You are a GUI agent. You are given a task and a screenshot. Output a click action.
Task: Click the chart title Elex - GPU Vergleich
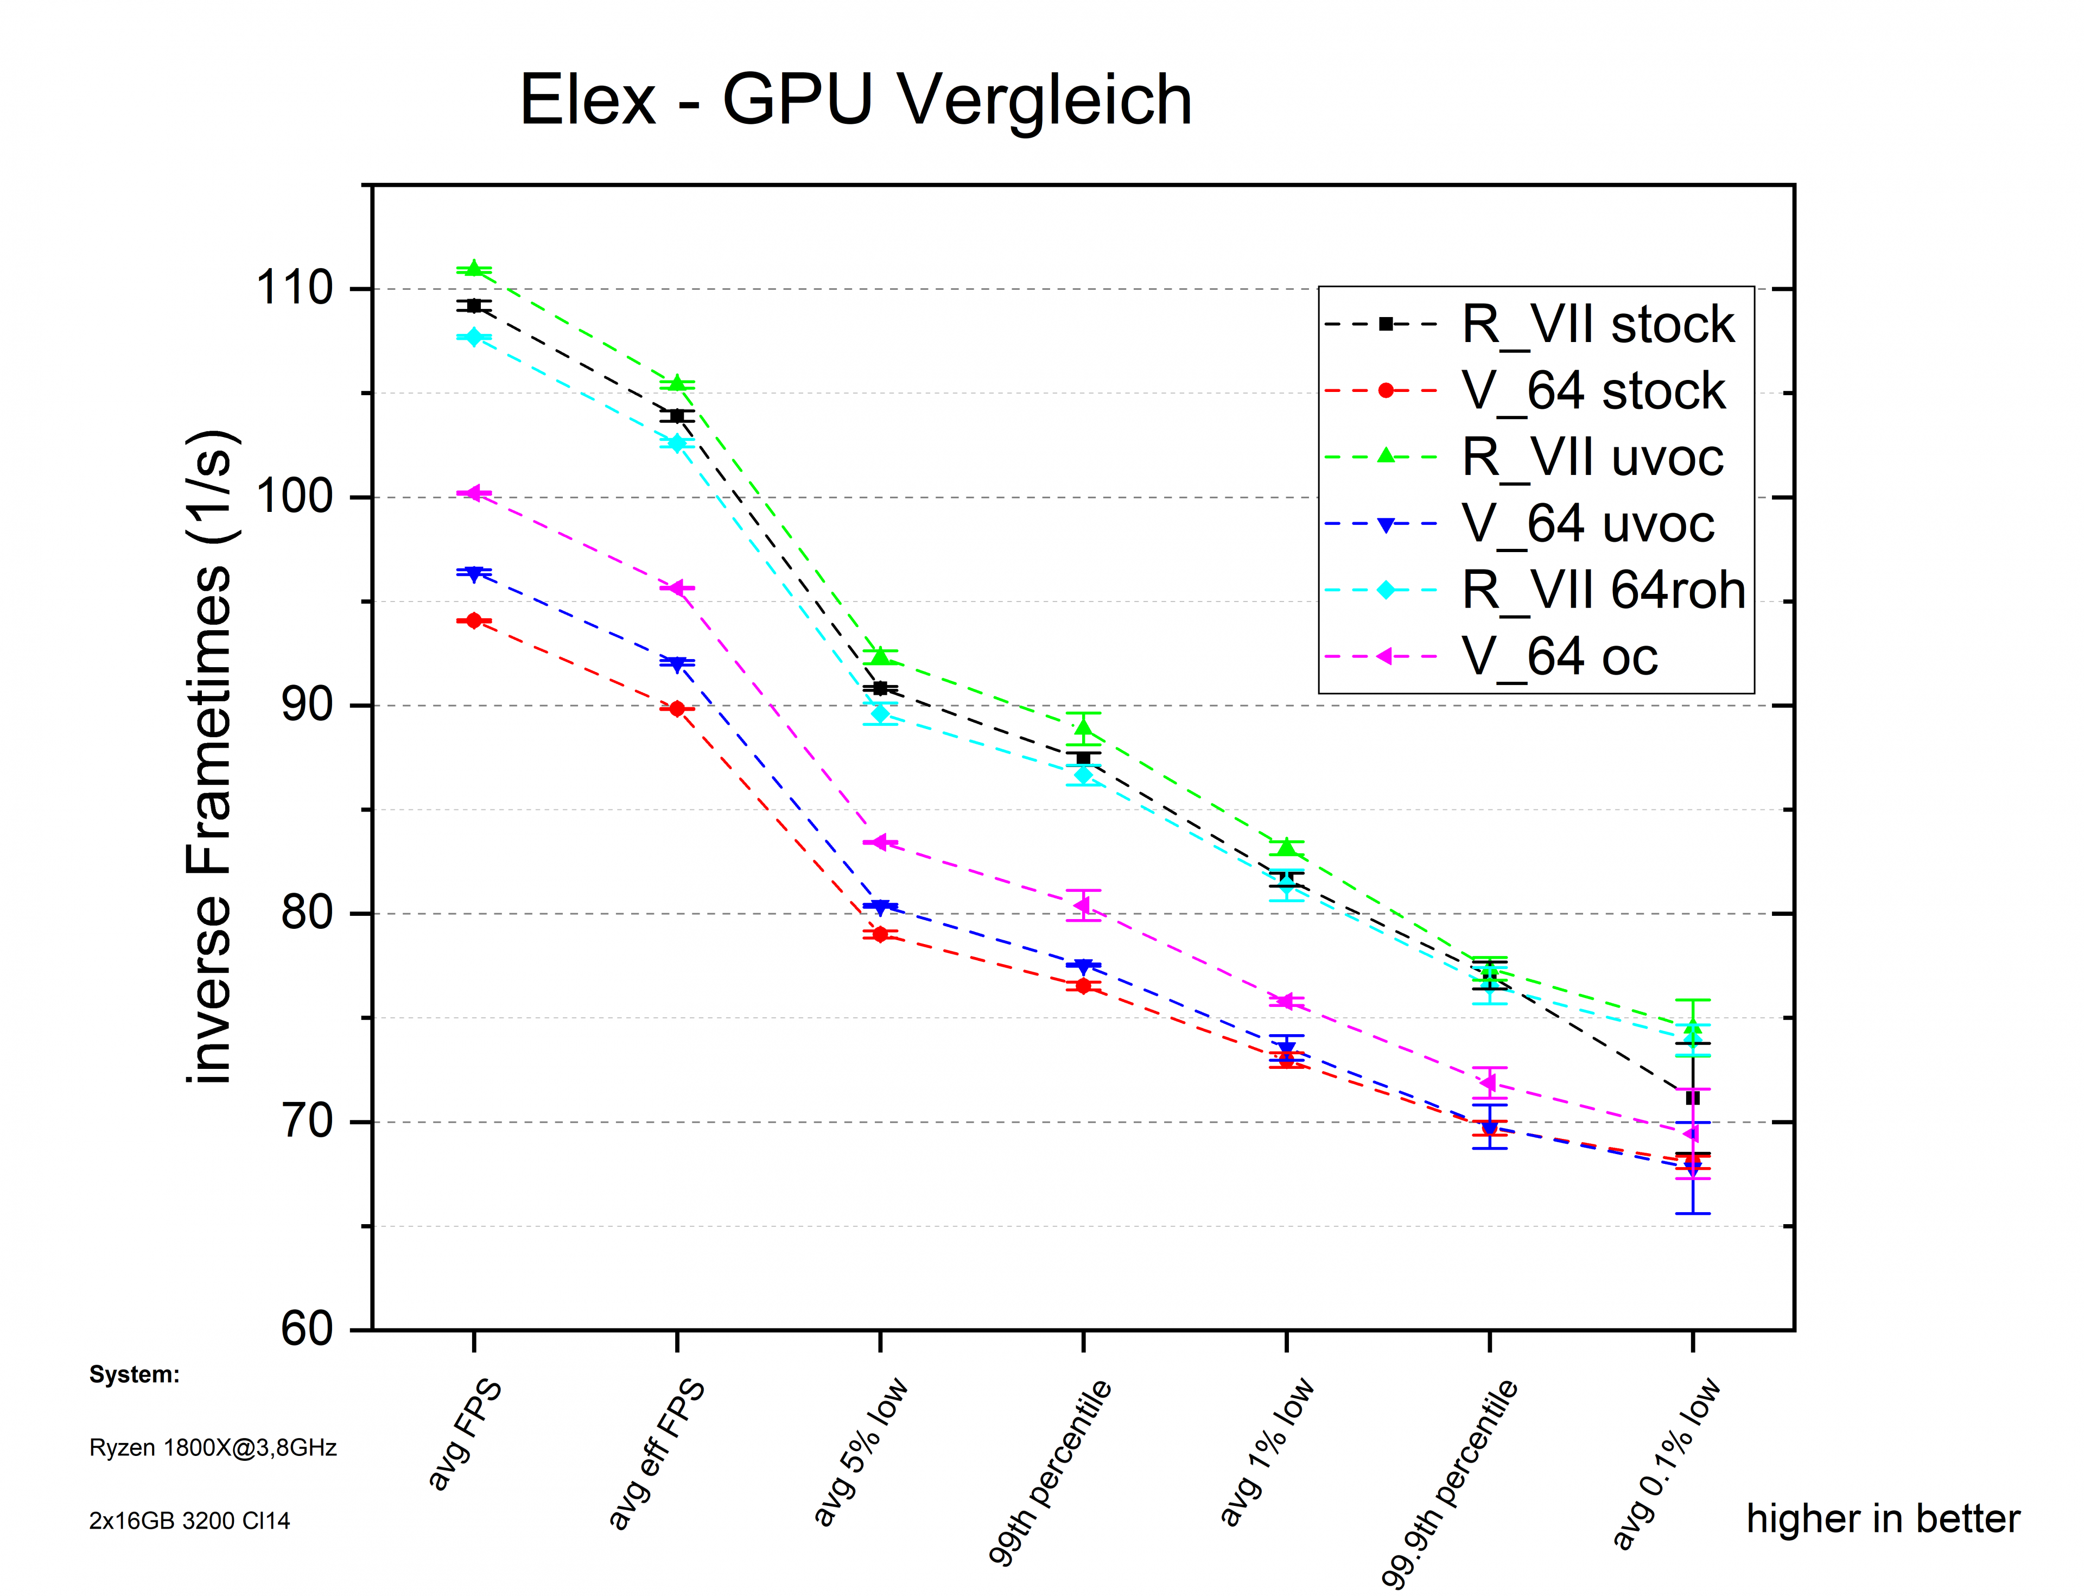tap(855, 100)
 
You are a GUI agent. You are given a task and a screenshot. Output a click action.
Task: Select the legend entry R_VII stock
tap(1597, 325)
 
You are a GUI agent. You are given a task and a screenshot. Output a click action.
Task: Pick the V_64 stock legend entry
tap(1592, 390)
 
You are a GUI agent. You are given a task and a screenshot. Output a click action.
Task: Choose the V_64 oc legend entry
tap(1559, 656)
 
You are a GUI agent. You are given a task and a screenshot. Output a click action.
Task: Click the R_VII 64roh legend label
tap(1603, 590)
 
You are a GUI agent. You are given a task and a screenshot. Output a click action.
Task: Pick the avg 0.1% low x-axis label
tap(1664, 1463)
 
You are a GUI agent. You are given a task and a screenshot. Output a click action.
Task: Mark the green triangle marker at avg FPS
tap(474, 269)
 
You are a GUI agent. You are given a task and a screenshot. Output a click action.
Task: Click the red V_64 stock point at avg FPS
tap(474, 620)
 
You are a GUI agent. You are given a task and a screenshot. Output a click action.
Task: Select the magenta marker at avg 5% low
tap(880, 841)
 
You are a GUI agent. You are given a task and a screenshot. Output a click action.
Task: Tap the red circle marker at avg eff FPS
tap(677, 709)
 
